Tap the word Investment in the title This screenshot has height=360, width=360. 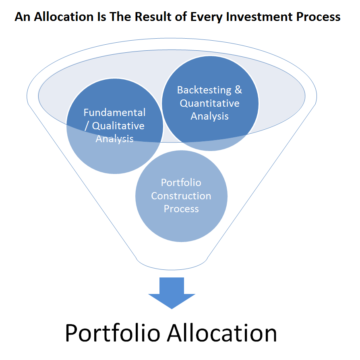(259, 17)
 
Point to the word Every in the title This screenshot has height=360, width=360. (207, 17)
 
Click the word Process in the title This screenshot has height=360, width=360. (318, 17)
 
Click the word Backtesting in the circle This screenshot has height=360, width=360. (204, 90)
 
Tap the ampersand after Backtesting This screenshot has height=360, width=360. (238, 90)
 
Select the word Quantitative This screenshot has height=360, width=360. (210, 103)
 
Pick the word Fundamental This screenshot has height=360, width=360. (114, 112)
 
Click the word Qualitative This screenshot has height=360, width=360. (118, 126)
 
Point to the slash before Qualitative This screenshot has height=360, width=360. (87, 126)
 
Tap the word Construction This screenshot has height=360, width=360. (181, 196)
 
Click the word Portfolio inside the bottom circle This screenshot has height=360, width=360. (181, 183)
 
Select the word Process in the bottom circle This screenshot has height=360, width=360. (181, 209)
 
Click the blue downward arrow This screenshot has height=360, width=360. (172, 293)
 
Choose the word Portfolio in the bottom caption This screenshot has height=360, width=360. (112, 333)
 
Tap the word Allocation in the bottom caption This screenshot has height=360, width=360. (222, 333)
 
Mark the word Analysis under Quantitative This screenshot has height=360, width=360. (210, 116)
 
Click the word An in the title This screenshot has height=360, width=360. (23, 17)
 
